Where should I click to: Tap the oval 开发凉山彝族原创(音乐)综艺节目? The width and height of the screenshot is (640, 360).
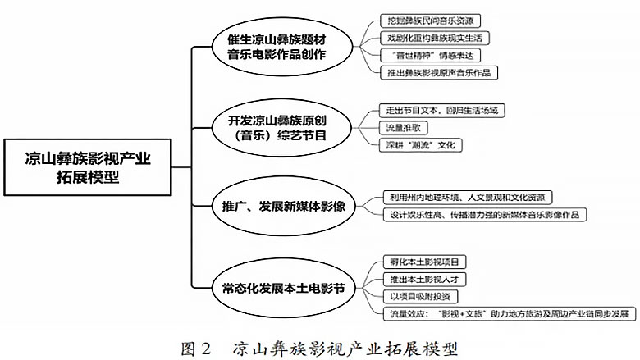277,126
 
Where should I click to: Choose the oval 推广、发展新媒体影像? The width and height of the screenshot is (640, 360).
277,206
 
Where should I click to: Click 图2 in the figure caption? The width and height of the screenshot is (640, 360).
196,345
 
